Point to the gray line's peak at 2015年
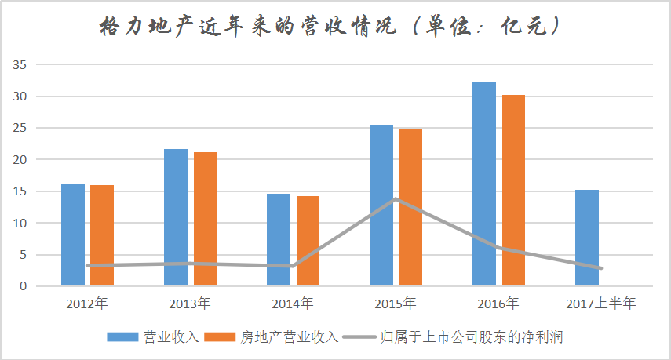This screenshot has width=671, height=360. (x=396, y=198)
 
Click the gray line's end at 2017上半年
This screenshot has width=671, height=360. (x=601, y=268)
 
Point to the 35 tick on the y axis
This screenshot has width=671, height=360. (x=20, y=65)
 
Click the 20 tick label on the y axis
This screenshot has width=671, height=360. (x=20, y=160)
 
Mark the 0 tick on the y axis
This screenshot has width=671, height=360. (x=23, y=286)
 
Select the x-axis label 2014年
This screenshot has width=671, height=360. (x=293, y=304)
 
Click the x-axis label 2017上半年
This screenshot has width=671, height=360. (x=601, y=304)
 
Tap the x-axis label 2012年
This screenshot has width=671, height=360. (x=87, y=304)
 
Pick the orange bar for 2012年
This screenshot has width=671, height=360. (x=102, y=235)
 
